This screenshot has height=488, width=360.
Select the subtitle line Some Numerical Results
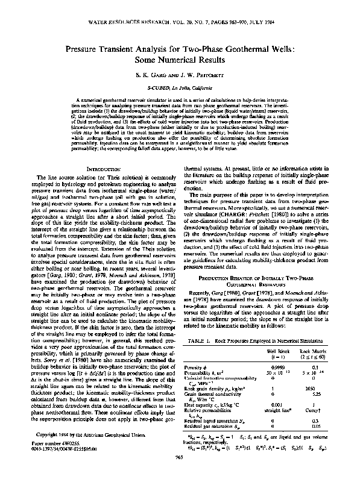[x=179, y=61]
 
